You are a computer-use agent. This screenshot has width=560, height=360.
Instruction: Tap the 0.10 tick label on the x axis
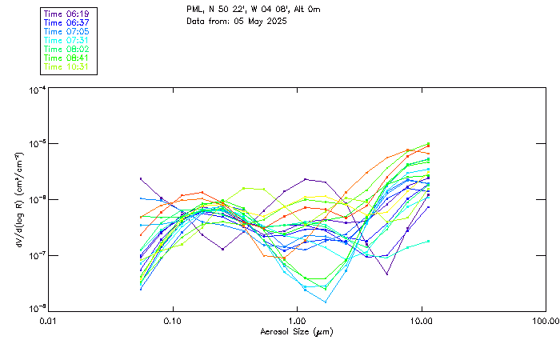coord(173,320)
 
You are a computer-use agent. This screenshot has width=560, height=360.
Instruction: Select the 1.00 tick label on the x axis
coord(298,320)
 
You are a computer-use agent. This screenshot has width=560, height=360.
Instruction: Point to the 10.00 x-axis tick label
coord(422,320)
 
